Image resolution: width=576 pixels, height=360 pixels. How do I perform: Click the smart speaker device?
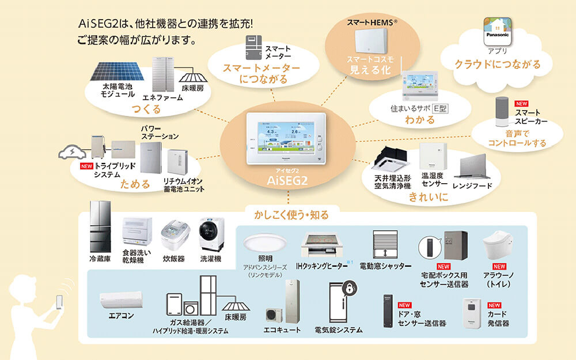(x=503, y=111)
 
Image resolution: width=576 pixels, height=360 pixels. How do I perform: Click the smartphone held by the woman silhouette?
(x=59, y=303)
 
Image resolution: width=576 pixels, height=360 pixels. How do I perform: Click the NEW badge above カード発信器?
(x=494, y=305)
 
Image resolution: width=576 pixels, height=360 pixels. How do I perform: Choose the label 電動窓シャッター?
(x=385, y=266)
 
